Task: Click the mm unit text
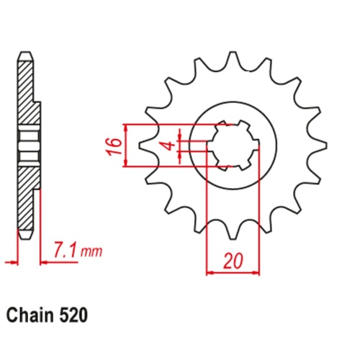tap(91, 252)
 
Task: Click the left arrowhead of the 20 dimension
tap(210, 273)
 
